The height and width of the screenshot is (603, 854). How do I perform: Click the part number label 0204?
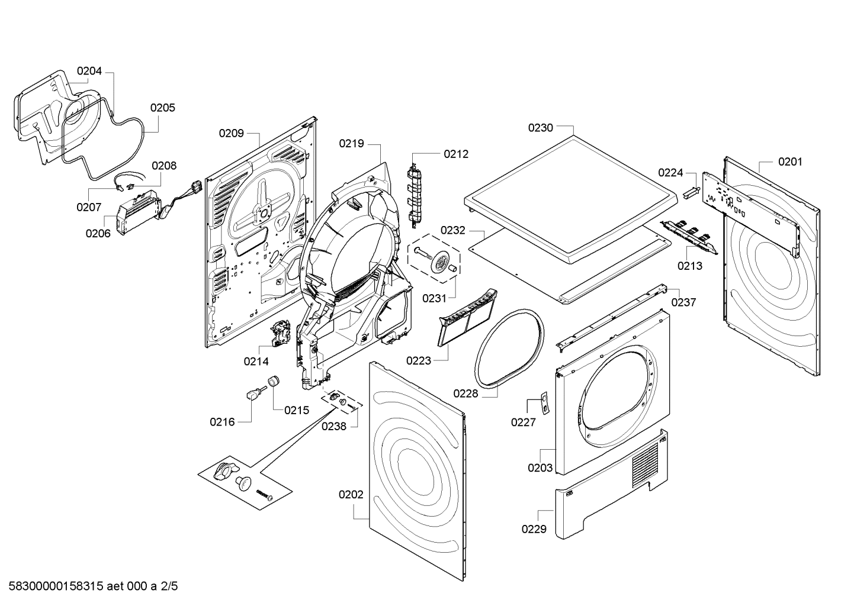click(89, 71)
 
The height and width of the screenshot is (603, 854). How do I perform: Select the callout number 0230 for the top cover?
click(540, 128)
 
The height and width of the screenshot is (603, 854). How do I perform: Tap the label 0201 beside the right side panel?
click(790, 162)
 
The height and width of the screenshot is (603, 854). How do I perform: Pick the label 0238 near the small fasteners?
click(334, 426)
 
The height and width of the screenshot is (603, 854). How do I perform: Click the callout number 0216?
click(222, 422)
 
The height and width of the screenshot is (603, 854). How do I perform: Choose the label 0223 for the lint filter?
click(419, 360)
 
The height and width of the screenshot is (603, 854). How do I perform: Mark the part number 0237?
click(683, 302)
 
